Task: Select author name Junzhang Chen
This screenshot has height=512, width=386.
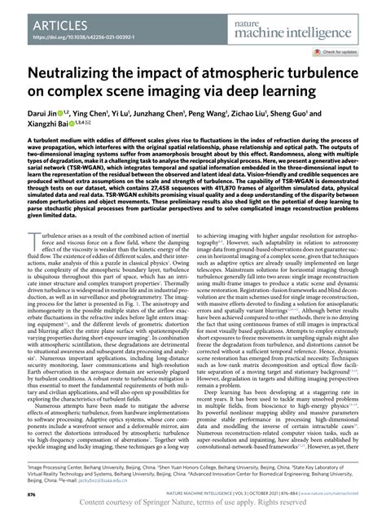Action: (x=182, y=126)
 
